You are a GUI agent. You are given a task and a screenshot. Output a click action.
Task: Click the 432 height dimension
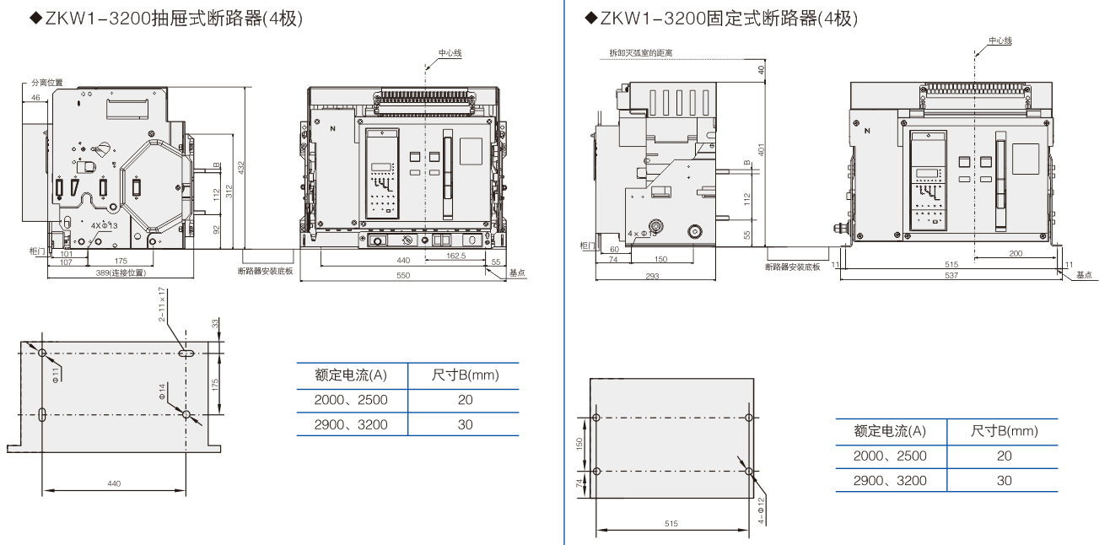pos(240,168)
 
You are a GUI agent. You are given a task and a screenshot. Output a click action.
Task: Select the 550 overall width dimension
pos(402,276)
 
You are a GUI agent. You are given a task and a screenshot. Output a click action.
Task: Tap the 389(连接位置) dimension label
pos(121,272)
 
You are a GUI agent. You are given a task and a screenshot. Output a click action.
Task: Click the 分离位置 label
pos(46,83)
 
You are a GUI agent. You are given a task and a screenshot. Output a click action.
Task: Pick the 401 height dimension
pos(761,149)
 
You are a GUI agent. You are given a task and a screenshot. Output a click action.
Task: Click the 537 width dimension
pos(951,275)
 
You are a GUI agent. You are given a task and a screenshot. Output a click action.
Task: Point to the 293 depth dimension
pos(652,276)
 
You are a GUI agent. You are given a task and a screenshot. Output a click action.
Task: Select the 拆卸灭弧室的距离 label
pos(641,53)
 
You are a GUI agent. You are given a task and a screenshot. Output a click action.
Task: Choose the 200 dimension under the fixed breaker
pos(1016,253)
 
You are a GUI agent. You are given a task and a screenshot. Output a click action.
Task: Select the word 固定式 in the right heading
pos(731,18)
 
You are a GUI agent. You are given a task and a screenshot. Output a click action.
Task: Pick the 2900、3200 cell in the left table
pos(351,424)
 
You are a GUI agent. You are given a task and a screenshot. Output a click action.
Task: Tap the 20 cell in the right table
pos(1004,456)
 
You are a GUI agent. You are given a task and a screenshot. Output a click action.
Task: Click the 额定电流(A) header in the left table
pos(351,375)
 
